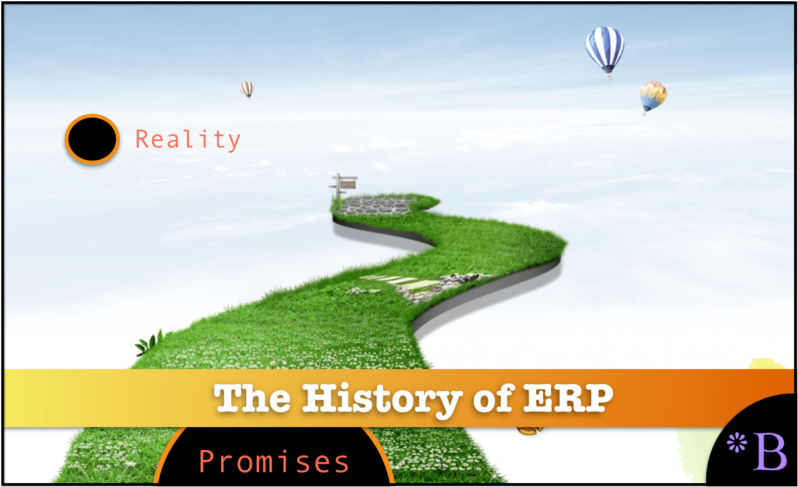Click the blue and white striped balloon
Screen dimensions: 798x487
tap(605, 50)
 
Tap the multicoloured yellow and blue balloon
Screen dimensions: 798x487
tap(653, 96)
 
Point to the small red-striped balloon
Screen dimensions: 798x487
tap(247, 90)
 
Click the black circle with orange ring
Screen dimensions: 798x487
tap(92, 139)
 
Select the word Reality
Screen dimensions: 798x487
tap(188, 140)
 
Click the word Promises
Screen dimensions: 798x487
tap(273, 462)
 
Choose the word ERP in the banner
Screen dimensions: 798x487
tap(568, 398)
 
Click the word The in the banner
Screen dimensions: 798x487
tap(252, 398)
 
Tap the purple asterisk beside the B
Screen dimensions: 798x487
tap(737, 443)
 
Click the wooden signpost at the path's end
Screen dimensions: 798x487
tap(343, 186)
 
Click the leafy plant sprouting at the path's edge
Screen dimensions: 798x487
tap(149, 343)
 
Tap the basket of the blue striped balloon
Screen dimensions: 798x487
tap(610, 76)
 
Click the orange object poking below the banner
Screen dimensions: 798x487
tap(530, 431)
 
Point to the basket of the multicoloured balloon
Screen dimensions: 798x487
tap(645, 113)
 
